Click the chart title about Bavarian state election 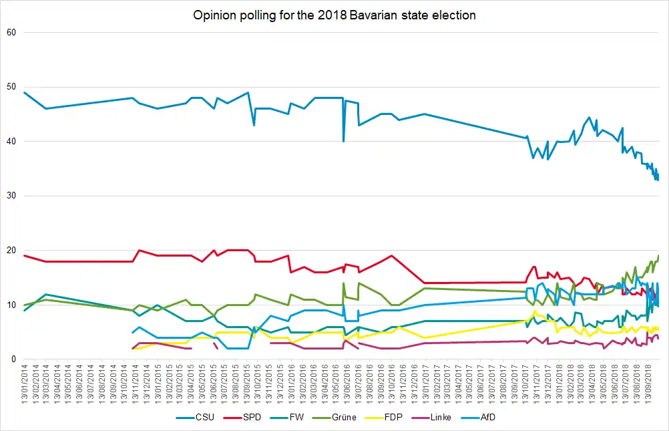coord(334,15)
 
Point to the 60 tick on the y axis coord(11,33)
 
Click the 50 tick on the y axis coord(11,87)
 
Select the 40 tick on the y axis coord(11,142)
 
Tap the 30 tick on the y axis coord(11,196)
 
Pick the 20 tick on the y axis coord(11,251)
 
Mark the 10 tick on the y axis coord(11,305)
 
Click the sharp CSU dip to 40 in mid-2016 coord(344,141)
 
